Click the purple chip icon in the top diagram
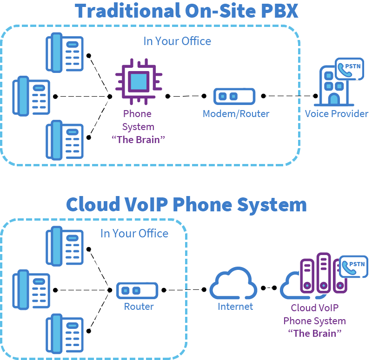coord(139,83)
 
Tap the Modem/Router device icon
coord(234,96)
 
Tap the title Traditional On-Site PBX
coord(186,11)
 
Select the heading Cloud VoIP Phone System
coord(186,204)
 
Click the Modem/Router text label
coord(236,114)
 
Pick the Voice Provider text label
coord(337,114)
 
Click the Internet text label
coord(235,307)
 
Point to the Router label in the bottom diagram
coord(139,307)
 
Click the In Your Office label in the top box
coord(177,41)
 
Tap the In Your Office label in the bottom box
coord(134,233)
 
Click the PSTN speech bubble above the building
coord(350,69)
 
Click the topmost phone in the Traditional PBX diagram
coord(65,52)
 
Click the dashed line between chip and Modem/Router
coord(186,96)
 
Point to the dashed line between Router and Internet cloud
coord(184,290)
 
